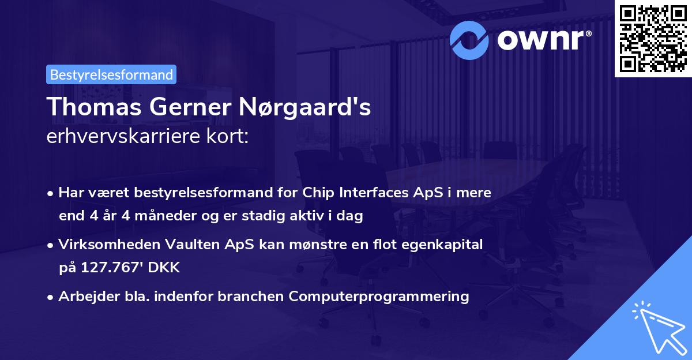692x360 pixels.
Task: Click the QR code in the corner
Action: pos(653,38)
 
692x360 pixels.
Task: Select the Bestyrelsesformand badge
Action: pos(111,74)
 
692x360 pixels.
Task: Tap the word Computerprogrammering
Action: pos(379,297)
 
